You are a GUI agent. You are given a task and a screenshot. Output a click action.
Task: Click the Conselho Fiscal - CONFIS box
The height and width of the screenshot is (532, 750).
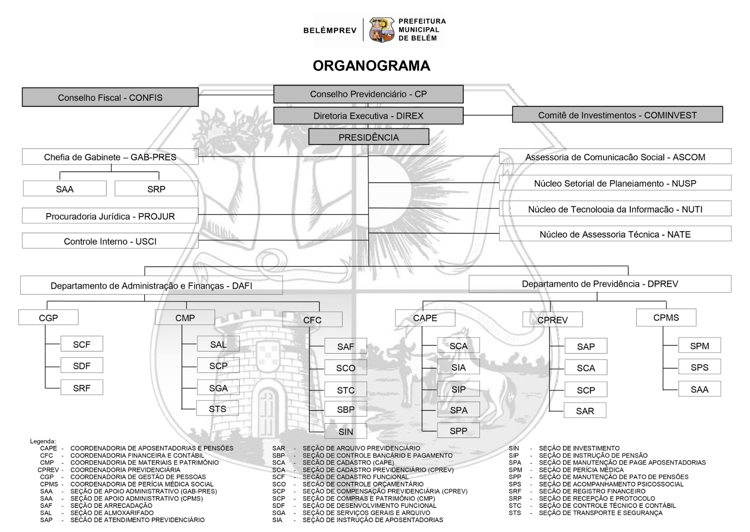[110, 97]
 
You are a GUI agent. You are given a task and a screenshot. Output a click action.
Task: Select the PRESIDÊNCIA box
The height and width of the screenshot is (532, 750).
[369, 137]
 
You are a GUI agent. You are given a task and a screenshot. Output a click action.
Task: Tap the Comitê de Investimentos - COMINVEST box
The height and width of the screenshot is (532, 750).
[617, 115]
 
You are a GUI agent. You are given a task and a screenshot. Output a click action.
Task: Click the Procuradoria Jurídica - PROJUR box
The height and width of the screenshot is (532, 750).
[110, 216]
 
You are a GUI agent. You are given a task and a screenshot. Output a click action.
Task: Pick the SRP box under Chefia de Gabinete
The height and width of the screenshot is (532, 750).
[156, 189]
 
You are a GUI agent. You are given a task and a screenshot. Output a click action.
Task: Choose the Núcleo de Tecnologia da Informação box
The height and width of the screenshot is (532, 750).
[615, 209]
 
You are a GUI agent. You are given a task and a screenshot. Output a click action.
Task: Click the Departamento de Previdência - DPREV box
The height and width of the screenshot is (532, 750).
[600, 284]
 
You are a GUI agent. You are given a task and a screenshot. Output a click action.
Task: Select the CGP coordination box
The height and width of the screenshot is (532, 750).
[48, 317]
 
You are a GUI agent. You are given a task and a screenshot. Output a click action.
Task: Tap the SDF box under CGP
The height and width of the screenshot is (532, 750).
[82, 366]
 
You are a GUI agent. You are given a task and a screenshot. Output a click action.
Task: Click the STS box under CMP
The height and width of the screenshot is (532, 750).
[218, 408]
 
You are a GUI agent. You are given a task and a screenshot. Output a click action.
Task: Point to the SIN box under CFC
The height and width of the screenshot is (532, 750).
[345, 431]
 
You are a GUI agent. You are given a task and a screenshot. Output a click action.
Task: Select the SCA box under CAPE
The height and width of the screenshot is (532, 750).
[458, 345]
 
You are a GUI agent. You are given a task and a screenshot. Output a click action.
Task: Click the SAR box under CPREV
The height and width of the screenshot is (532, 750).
[585, 411]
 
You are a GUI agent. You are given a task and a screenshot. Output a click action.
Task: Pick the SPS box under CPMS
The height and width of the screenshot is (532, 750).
[699, 367]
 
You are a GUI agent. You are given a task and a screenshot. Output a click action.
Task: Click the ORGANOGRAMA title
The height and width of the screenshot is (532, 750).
[371, 66]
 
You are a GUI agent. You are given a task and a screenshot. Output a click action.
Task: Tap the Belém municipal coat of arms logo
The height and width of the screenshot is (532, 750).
[381, 30]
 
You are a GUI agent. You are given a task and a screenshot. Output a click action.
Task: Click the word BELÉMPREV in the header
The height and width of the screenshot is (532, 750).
[330, 30]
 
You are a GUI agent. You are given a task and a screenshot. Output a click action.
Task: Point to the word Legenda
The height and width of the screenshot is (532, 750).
[43, 441]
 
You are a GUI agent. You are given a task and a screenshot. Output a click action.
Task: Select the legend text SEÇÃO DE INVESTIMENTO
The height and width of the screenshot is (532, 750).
[579, 448]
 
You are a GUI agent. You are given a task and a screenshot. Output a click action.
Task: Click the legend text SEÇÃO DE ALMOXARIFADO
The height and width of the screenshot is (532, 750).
[112, 513]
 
